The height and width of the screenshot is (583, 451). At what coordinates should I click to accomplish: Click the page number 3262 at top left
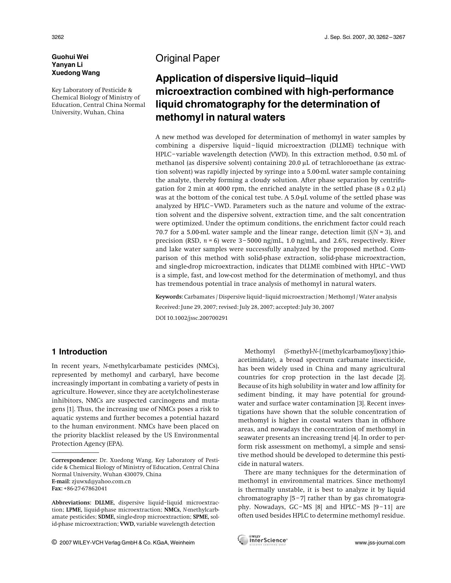tap(58, 37)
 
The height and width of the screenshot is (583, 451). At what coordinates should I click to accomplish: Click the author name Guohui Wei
tap(70, 57)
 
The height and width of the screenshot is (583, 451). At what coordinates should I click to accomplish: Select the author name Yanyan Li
tap(67, 65)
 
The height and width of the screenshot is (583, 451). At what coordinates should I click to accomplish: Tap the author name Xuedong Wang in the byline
tap(76, 73)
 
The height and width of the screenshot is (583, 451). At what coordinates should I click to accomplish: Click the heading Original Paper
tap(187, 58)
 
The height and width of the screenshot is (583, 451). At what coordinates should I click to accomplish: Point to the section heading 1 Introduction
tap(79, 352)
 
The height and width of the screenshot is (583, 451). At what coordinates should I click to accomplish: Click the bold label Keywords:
tap(169, 297)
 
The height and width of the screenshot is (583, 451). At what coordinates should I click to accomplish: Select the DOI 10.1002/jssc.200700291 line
tap(191, 318)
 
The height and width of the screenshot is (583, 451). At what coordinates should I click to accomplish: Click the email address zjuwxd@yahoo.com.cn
tap(101, 481)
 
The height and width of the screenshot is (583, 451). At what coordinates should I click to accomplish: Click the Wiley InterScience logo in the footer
tap(262, 540)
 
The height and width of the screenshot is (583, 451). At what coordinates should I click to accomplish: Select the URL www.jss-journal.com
tap(380, 543)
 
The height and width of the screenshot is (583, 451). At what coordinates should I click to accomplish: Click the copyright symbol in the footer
tap(54, 542)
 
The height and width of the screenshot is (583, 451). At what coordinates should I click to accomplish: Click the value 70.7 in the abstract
tap(162, 232)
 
